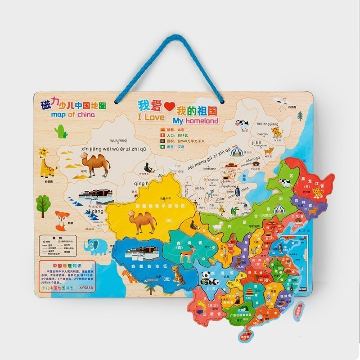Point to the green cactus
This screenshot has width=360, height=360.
pos(61,131)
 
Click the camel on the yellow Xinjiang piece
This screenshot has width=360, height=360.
pos(142,220)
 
